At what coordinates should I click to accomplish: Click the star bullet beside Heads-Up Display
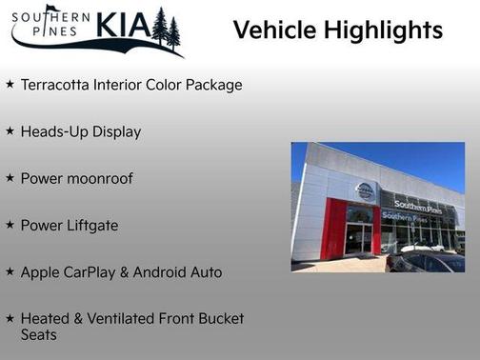10,131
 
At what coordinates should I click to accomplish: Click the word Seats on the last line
39,334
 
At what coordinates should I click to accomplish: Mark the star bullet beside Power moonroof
10,178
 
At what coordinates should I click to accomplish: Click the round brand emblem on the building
365,190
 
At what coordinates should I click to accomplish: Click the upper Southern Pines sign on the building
417,207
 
